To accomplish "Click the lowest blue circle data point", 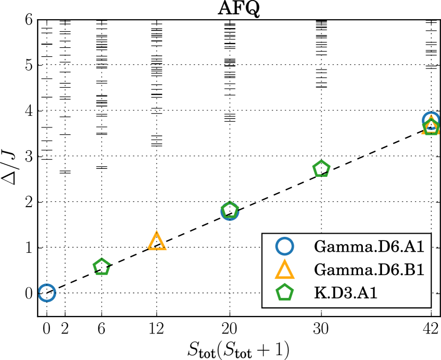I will (47, 293).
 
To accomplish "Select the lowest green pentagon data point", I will (101, 267).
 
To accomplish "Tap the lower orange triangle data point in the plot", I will (157, 242).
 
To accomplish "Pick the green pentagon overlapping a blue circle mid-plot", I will (230, 210).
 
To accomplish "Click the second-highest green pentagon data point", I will (321, 169).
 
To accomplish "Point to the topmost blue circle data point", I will (431, 120).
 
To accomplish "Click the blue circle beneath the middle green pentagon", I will (230, 212).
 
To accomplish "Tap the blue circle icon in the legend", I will (284, 246).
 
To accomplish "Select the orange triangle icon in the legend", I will (284, 270).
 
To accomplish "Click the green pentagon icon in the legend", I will (284, 293).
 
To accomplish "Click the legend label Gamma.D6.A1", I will (369, 247).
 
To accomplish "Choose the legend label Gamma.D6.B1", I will (369, 270).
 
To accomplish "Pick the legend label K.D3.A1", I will (345, 293).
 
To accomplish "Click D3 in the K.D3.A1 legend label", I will (340, 293).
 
